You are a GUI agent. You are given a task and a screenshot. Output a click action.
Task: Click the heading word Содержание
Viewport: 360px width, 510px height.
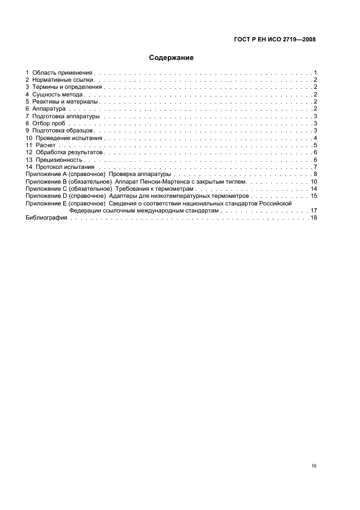172,57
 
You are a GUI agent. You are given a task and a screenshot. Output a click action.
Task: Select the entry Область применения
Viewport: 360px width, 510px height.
63,72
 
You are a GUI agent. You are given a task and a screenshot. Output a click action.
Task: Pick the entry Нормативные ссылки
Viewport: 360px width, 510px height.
63,80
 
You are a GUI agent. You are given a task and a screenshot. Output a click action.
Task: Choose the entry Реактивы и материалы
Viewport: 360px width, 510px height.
65,101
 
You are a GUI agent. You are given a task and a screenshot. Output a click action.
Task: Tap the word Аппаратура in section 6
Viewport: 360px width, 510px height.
49,109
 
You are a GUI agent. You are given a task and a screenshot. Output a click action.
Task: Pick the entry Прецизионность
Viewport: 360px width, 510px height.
59,160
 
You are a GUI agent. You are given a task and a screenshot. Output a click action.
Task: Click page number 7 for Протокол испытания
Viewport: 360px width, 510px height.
315,167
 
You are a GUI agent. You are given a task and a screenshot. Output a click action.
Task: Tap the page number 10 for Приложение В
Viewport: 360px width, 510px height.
314,181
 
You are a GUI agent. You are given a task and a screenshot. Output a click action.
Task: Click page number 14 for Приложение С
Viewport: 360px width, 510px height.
314,189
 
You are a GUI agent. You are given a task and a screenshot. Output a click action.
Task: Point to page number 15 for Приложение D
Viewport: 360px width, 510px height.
314,196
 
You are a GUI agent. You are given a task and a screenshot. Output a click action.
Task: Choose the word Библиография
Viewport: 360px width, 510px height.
46,217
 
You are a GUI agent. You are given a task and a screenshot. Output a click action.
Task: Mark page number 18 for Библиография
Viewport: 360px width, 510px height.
314,217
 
